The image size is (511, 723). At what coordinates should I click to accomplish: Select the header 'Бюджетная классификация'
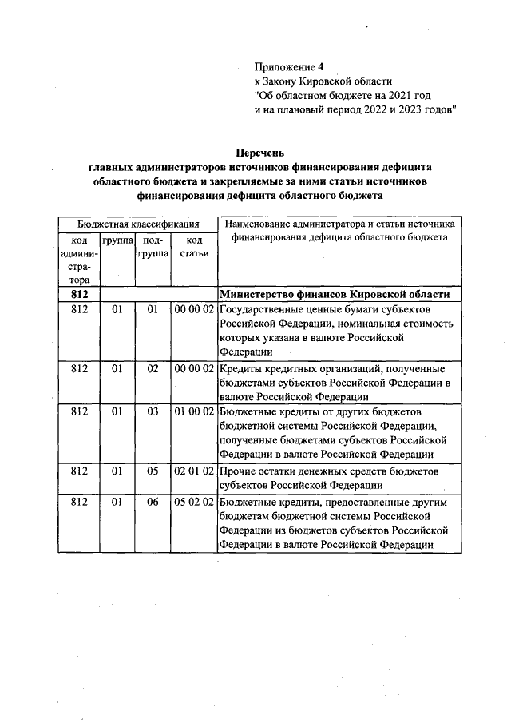(x=137, y=224)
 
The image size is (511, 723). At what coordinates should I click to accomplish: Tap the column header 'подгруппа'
(x=152, y=247)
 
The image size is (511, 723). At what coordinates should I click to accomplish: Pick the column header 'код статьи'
(x=193, y=247)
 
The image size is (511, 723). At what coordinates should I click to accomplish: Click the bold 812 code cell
(x=79, y=294)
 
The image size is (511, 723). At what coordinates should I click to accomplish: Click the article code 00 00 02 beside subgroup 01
(x=193, y=308)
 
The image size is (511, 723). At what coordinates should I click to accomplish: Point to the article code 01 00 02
(x=193, y=411)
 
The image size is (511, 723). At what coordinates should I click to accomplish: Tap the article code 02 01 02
(x=193, y=471)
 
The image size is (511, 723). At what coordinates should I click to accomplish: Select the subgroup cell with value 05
(x=153, y=471)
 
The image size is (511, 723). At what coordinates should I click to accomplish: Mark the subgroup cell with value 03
(x=153, y=411)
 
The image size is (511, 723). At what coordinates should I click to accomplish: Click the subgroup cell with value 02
(x=153, y=368)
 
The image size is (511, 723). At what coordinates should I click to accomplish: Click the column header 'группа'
(x=117, y=240)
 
